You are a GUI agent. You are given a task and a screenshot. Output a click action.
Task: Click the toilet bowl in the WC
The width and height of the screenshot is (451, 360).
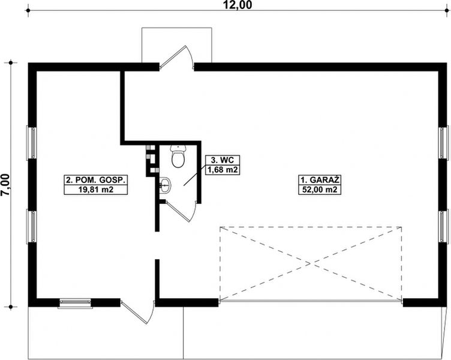(x=178, y=157)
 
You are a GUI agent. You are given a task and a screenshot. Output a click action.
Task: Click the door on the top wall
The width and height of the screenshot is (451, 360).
(x=178, y=60)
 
